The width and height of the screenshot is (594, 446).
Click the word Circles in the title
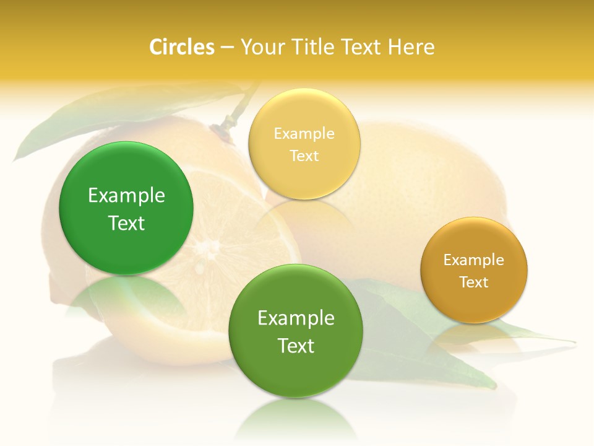click(181, 47)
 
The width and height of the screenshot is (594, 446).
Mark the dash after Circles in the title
click(226, 48)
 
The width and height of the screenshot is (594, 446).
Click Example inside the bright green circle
click(126, 196)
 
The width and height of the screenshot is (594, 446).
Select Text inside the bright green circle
click(126, 223)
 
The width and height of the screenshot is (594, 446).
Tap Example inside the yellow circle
click(304, 134)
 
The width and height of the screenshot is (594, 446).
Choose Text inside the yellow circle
click(304, 155)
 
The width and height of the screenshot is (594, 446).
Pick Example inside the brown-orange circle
click(473, 260)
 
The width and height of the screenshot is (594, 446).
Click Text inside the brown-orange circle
click(473, 282)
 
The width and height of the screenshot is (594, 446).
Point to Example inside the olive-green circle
click(296, 318)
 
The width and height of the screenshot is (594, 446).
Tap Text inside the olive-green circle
click(296, 346)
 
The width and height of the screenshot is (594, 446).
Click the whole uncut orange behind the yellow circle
click(421, 180)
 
